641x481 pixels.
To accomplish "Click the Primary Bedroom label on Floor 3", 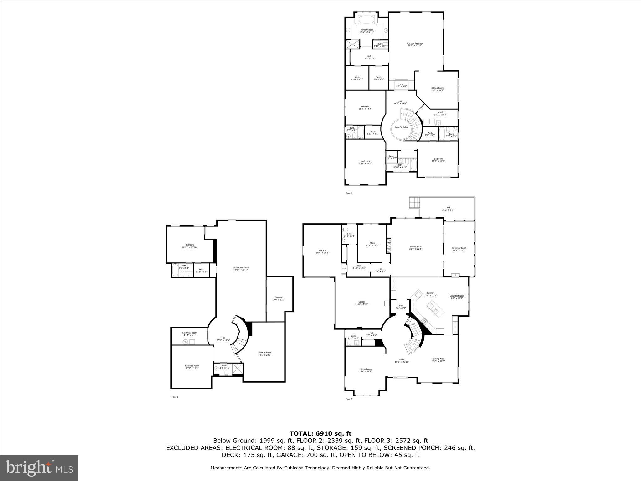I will point(415,44).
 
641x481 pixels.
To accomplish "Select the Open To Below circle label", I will point(401,127).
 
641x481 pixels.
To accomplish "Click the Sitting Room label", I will point(437,89).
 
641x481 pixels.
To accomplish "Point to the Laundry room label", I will point(440,113).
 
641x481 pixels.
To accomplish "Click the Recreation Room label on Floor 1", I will point(240,269).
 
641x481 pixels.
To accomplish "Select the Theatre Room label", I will point(264,354).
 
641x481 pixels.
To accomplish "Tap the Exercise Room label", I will point(192,367).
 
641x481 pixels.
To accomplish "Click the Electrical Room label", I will point(190,334).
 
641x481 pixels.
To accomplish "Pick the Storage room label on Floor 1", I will point(279,298).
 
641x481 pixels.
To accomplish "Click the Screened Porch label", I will point(459,249).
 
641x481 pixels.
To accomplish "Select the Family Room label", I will point(416,248).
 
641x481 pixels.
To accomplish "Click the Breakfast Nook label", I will point(457,297).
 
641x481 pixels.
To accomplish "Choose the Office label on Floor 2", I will point(372,244).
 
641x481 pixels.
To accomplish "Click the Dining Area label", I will point(438,360).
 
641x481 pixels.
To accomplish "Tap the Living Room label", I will point(365,370).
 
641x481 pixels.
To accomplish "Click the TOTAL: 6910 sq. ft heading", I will point(320,433).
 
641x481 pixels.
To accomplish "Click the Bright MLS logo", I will point(39,468).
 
